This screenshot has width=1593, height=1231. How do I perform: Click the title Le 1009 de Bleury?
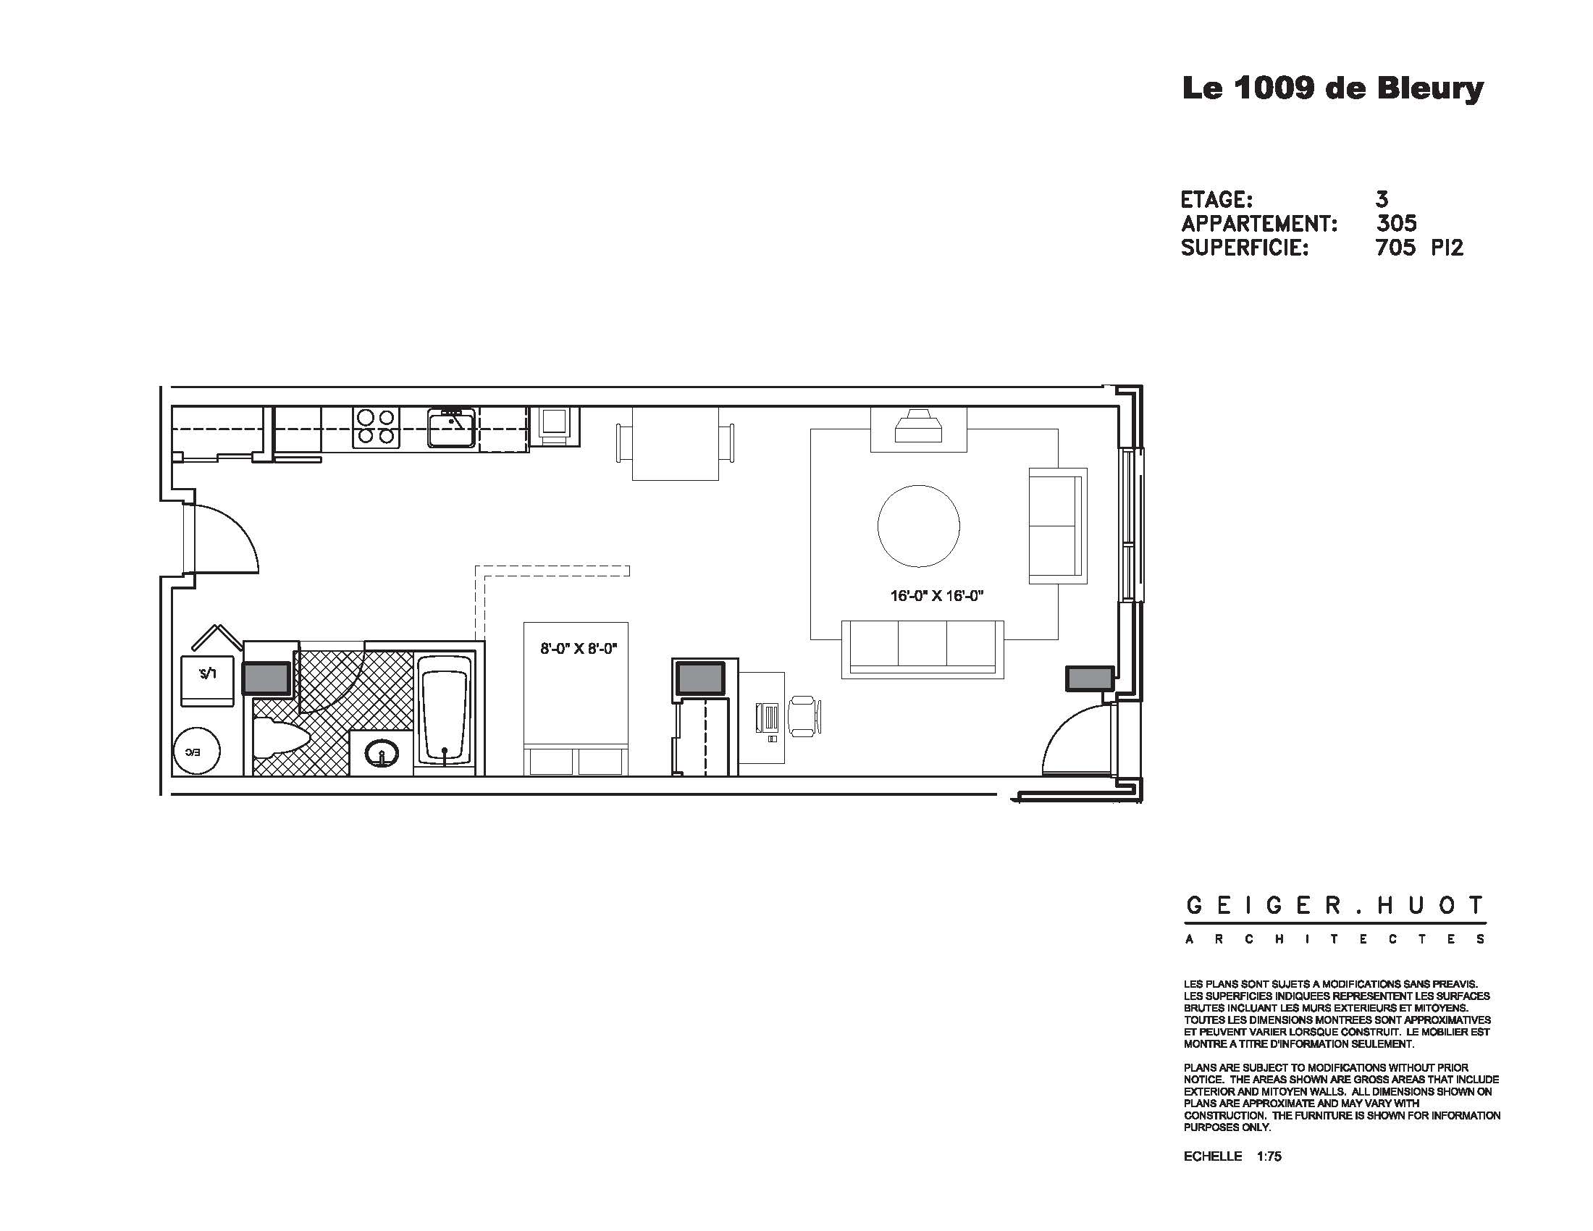[x=1332, y=89]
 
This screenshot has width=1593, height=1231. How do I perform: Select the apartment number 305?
[x=1396, y=223]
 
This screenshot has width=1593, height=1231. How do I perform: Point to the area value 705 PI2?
[x=1418, y=248]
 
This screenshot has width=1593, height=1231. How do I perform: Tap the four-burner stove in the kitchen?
[x=377, y=427]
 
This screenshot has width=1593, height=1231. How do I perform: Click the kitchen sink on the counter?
[x=451, y=427]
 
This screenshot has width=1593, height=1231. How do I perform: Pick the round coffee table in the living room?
[x=918, y=526]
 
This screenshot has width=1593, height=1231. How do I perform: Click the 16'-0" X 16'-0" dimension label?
[x=936, y=596]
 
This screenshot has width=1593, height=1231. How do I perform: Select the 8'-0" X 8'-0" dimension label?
[x=579, y=648]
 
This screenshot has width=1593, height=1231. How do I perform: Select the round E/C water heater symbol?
[x=196, y=751]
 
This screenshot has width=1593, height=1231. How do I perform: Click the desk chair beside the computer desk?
[x=804, y=715]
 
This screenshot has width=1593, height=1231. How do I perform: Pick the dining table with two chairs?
[x=676, y=443]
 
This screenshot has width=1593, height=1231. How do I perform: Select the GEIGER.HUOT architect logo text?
[x=1334, y=907]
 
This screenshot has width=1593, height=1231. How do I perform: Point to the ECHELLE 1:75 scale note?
[x=1232, y=1156]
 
